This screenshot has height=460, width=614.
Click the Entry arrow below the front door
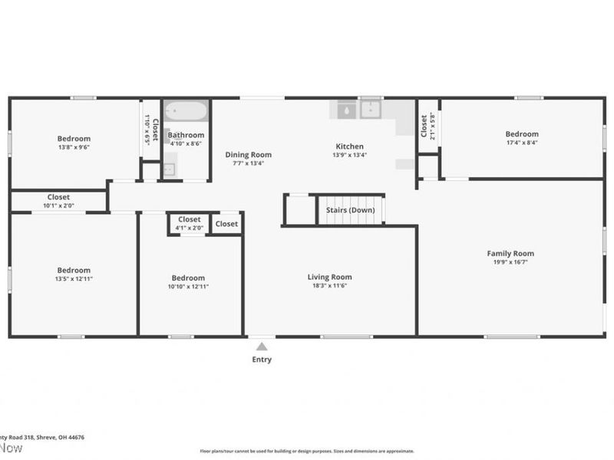coord(261,346)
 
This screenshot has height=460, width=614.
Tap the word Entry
coord(261,360)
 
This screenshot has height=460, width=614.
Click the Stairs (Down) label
coord(351,210)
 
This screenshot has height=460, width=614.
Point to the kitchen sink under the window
coord(371,110)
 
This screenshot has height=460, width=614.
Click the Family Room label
coord(510,254)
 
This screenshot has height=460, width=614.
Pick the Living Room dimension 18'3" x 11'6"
coord(329,286)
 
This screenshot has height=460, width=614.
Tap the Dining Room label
coord(248,155)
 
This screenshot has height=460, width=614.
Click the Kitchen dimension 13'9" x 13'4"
coord(349,155)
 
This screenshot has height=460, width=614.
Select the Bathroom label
coord(187,135)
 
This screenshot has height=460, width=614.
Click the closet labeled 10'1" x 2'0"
coord(58,205)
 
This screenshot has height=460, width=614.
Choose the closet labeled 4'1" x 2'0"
coord(189,228)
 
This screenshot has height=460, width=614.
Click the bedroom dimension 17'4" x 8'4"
coord(521,143)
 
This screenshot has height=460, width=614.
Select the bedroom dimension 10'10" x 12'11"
coord(188,287)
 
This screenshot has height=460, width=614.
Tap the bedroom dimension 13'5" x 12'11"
coord(74,278)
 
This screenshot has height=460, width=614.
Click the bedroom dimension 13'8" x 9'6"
coord(74,147)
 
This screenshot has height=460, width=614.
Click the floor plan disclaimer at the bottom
coord(307,452)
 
